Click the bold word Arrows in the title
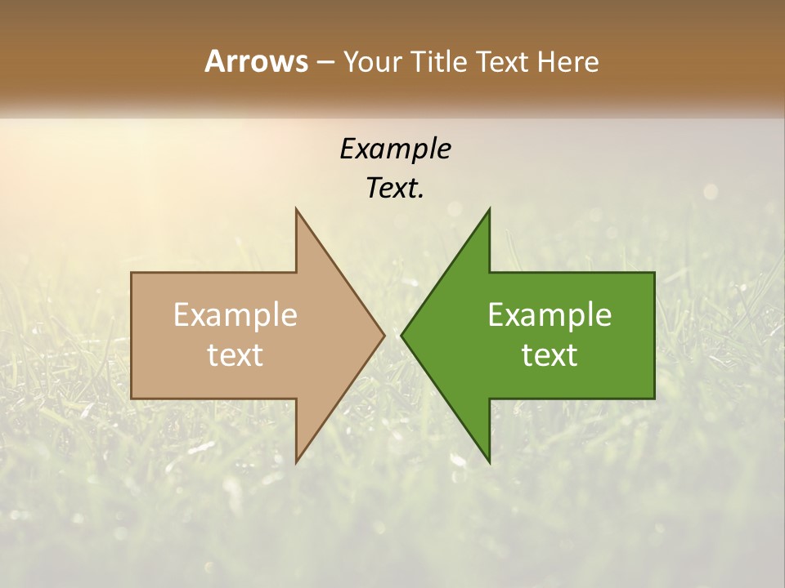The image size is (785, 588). pyautogui.click(x=256, y=61)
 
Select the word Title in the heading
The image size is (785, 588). pyautogui.click(x=439, y=62)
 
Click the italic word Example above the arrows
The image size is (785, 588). pyautogui.click(x=395, y=149)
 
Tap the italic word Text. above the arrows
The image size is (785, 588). pyautogui.click(x=395, y=188)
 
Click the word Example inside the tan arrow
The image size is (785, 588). pyautogui.click(x=235, y=315)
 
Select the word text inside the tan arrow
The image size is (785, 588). pyautogui.click(x=235, y=355)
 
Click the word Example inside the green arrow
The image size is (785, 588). pyautogui.click(x=549, y=315)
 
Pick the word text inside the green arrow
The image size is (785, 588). pyautogui.click(x=549, y=355)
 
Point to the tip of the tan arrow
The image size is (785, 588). pyautogui.click(x=384, y=335)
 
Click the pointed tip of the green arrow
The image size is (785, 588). pyautogui.click(x=402, y=335)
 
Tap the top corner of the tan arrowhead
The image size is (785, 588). pyautogui.click(x=297, y=209)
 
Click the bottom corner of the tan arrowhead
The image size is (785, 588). pyautogui.click(x=297, y=462)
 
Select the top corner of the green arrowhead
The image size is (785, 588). pyautogui.click(x=489, y=209)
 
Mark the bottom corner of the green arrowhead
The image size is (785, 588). pyautogui.click(x=489, y=462)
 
